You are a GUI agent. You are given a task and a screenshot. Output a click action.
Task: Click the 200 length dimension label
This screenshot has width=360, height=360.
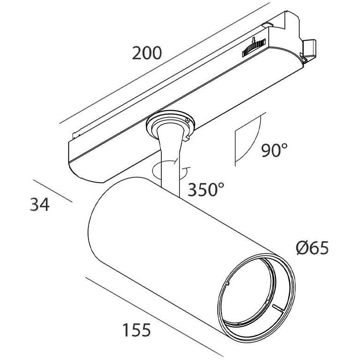(147, 53)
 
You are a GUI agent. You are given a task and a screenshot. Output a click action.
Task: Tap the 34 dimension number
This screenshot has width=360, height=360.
(39, 205)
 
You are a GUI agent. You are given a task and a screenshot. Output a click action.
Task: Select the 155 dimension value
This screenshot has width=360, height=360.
(137, 330)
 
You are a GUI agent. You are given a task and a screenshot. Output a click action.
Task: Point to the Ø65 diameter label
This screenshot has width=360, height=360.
(312, 248)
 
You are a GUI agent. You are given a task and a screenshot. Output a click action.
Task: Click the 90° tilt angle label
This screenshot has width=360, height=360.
(274, 150)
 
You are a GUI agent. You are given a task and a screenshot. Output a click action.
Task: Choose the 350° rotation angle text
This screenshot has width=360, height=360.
(206, 189)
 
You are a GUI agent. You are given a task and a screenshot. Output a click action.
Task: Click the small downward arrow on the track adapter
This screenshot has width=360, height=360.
(253, 40)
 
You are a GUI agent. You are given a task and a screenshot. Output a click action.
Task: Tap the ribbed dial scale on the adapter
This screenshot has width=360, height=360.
(254, 48)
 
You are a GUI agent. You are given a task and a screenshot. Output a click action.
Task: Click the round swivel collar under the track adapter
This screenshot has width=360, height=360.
(171, 125)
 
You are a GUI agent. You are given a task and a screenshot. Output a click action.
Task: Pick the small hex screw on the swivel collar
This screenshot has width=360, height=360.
(188, 120)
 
